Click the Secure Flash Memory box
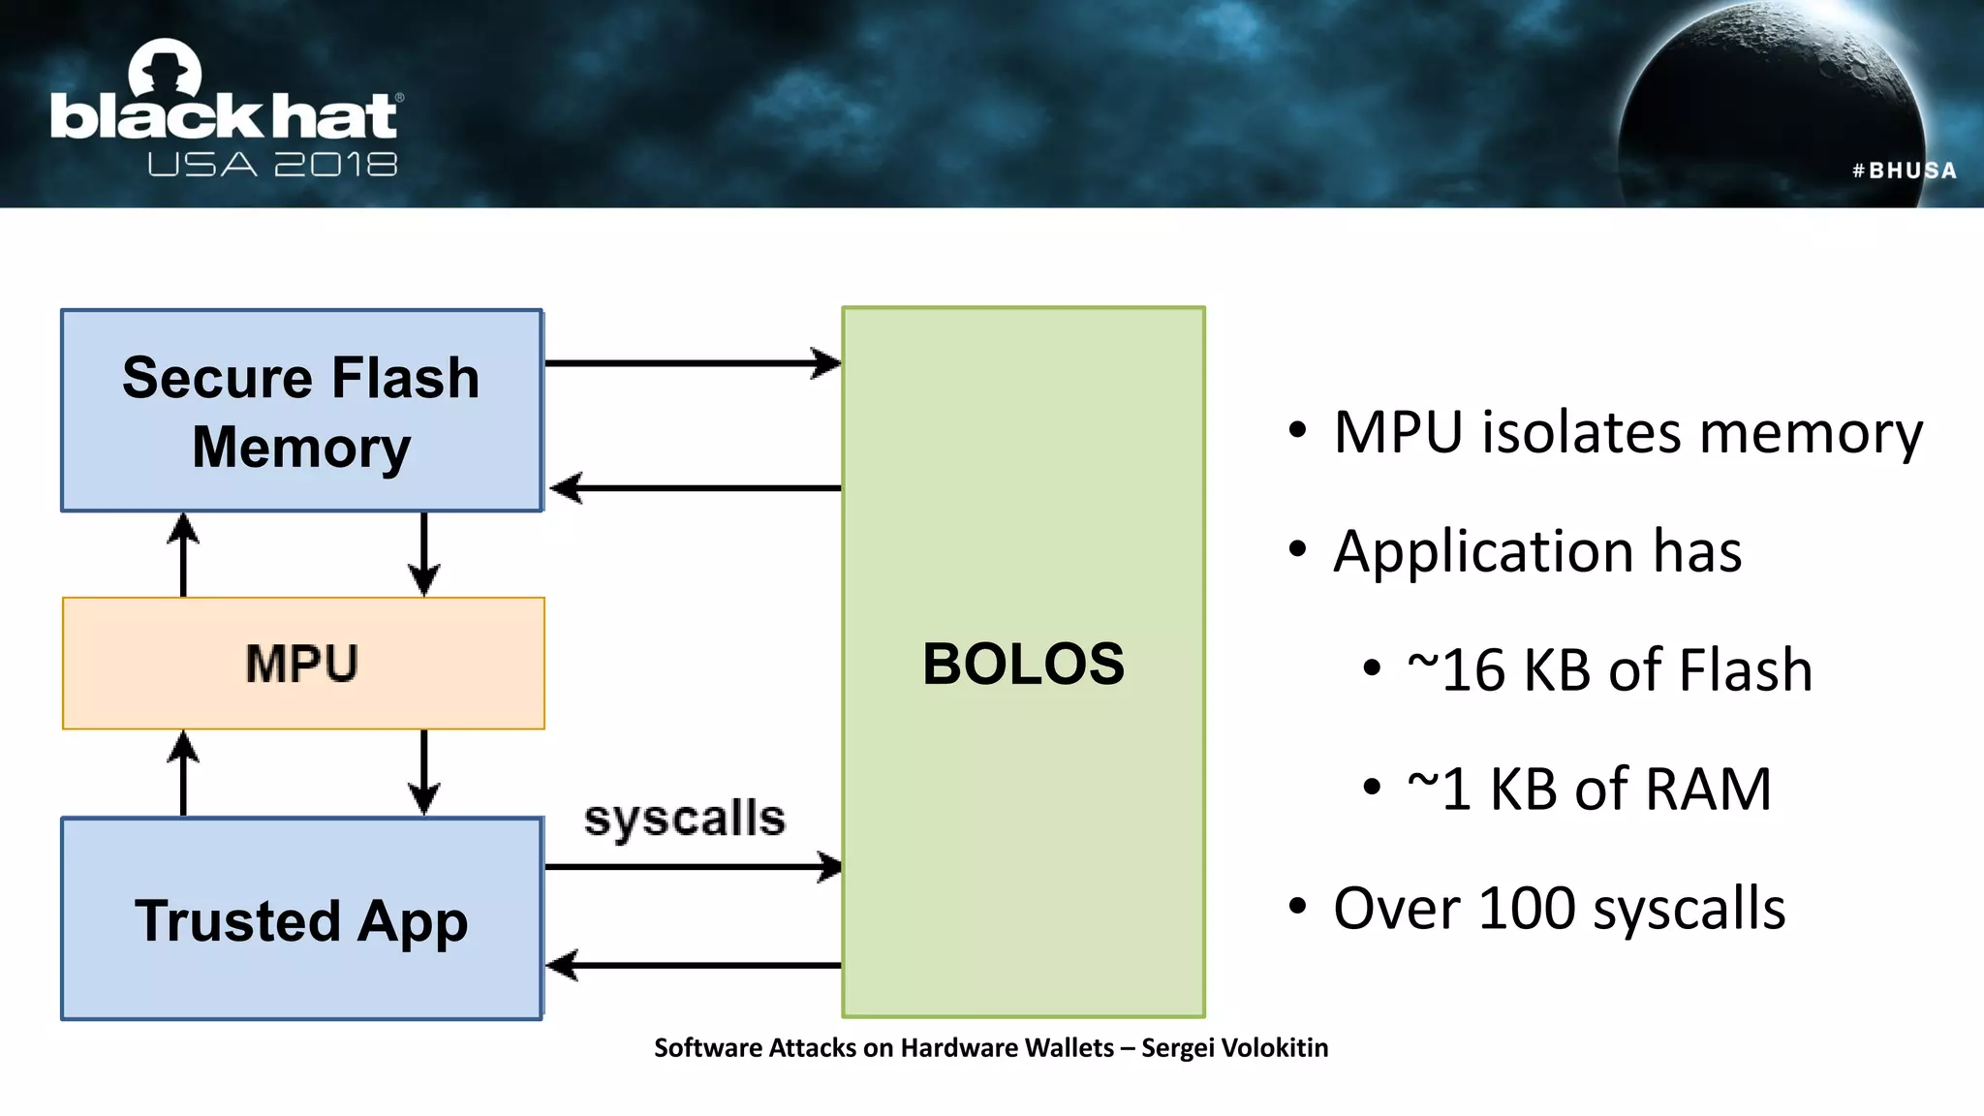(x=301, y=411)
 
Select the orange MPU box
(x=302, y=664)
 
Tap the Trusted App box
(x=301, y=919)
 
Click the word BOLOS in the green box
(x=1023, y=665)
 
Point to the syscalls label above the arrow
(x=684, y=819)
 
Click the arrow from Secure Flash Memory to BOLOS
(x=692, y=363)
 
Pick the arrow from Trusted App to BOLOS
(x=692, y=866)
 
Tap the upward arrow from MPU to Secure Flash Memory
(x=183, y=554)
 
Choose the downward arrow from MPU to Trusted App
(x=423, y=772)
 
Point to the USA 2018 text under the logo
(x=272, y=165)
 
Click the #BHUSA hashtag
(x=1904, y=170)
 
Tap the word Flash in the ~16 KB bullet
(x=1745, y=670)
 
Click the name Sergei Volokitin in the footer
(x=1234, y=1048)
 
